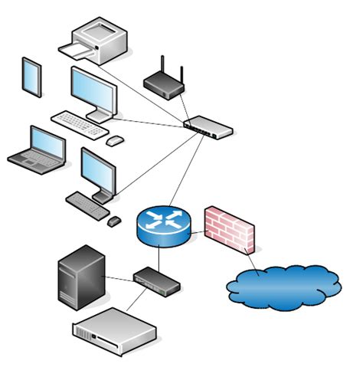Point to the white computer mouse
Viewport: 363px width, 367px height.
(x=114, y=141)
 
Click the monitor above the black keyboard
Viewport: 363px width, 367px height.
(x=98, y=172)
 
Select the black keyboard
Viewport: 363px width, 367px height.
(x=88, y=205)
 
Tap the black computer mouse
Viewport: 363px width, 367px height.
(x=114, y=221)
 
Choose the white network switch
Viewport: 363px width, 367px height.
(x=209, y=127)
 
